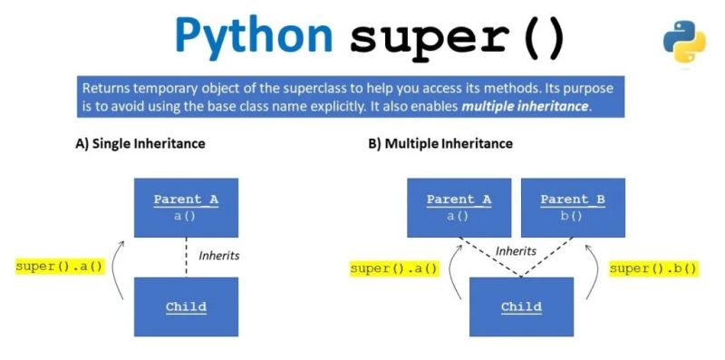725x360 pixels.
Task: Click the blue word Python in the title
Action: (x=254, y=36)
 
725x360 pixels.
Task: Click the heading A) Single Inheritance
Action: (x=140, y=143)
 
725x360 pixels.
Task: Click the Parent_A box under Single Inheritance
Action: (x=186, y=208)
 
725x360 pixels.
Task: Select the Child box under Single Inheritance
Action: (x=186, y=306)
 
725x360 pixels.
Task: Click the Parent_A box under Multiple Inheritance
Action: (x=459, y=208)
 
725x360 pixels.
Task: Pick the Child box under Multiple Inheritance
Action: (x=521, y=306)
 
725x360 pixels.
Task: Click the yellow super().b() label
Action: (x=652, y=268)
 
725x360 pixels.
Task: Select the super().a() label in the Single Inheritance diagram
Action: (x=60, y=266)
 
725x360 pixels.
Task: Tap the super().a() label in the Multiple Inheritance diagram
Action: (x=394, y=268)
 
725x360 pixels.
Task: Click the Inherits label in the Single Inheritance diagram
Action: (x=219, y=256)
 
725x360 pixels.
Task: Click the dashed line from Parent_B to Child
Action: (x=544, y=258)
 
